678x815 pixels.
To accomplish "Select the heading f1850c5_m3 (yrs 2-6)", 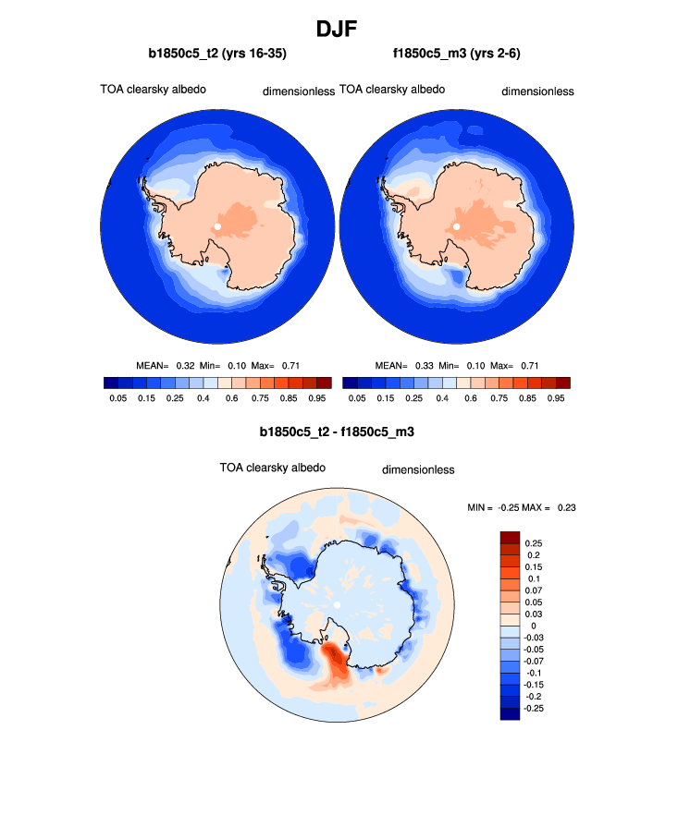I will point(457,55).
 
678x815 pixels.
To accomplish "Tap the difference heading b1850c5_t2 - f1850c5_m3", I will point(338,432).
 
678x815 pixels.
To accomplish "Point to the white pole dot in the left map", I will point(217,226).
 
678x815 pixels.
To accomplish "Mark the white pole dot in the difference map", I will point(338,604).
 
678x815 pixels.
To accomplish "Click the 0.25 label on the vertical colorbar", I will point(534,542).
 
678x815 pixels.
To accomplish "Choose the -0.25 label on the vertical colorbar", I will point(536,708).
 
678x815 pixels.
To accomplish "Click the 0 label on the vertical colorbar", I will point(529,626).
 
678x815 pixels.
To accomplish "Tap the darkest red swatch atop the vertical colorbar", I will point(510,537).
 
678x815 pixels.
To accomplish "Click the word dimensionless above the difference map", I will point(418,469).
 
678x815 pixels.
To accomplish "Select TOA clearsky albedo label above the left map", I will point(153,90).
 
